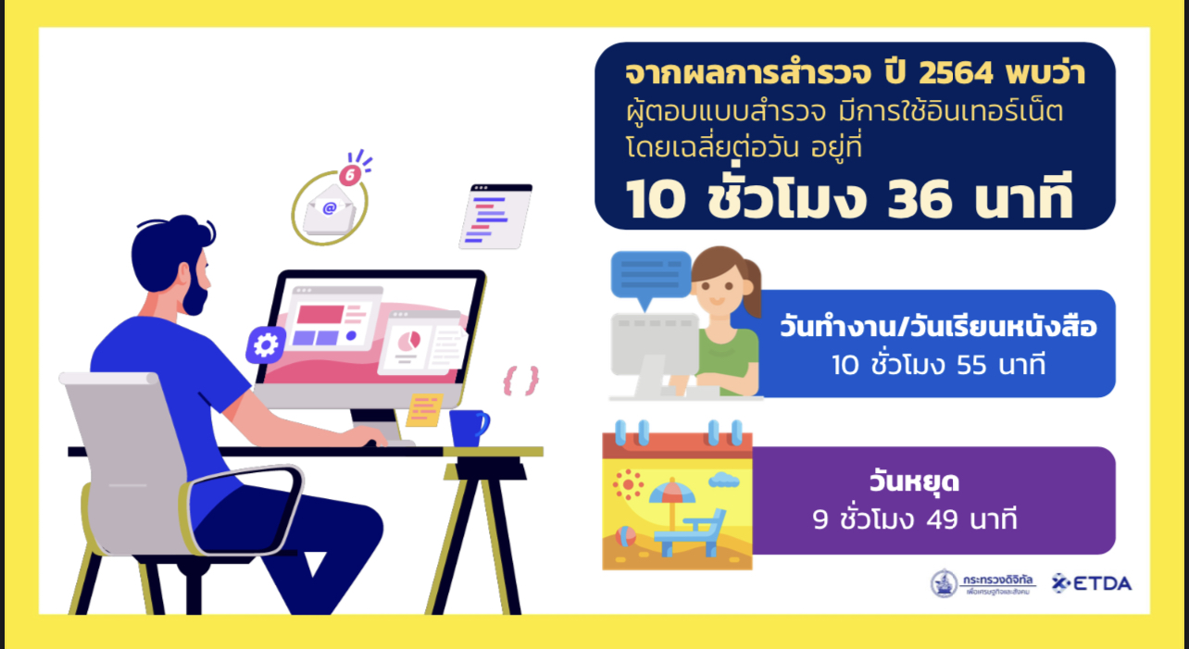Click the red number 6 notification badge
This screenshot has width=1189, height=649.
[350, 175]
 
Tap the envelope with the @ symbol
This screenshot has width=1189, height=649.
[330, 209]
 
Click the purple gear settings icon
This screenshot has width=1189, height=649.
[266, 345]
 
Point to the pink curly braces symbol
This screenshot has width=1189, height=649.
[520, 381]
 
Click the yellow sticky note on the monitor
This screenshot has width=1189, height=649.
[424, 409]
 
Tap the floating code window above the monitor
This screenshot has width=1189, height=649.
[495, 217]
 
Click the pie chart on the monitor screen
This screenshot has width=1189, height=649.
[408, 340]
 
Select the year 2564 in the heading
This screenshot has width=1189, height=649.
[956, 73]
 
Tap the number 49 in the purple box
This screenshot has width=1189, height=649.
[942, 519]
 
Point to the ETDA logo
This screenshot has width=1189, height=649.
[1092, 583]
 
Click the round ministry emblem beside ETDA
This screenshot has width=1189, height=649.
[945, 583]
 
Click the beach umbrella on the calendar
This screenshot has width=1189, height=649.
[671, 502]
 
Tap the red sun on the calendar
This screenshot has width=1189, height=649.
[628, 484]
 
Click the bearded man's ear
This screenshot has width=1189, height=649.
[184, 274]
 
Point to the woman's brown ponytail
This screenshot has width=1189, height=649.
[753, 289]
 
